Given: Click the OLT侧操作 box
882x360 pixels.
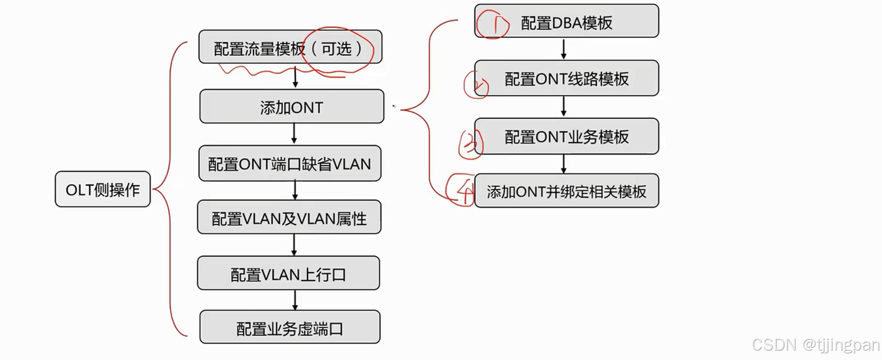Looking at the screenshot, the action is click(103, 190).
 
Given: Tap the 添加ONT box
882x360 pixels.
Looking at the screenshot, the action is click(292, 107).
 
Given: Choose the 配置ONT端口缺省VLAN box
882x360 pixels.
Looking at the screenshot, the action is click(290, 164).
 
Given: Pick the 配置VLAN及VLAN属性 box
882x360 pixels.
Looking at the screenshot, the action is click(289, 218).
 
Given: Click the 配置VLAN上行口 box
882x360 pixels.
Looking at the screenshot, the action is click(289, 274).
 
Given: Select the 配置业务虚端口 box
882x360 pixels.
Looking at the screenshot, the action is click(290, 328).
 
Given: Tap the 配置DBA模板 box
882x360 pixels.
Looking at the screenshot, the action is click(567, 22).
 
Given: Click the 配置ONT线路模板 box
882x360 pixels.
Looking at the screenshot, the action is click(567, 79).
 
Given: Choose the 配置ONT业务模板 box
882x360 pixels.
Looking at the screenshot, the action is click(567, 136).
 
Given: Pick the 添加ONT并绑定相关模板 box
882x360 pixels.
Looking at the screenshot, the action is click(567, 191).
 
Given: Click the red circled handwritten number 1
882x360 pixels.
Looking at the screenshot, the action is click(493, 24).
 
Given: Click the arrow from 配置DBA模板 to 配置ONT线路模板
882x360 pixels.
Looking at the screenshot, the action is click(564, 49).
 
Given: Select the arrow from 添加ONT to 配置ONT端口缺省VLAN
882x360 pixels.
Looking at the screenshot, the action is click(294, 134).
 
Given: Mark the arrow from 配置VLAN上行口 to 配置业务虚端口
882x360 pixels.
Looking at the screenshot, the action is click(295, 300).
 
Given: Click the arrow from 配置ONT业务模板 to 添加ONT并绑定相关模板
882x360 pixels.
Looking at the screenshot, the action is click(564, 164).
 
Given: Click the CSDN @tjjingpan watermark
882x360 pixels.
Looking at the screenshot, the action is click(816, 345).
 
